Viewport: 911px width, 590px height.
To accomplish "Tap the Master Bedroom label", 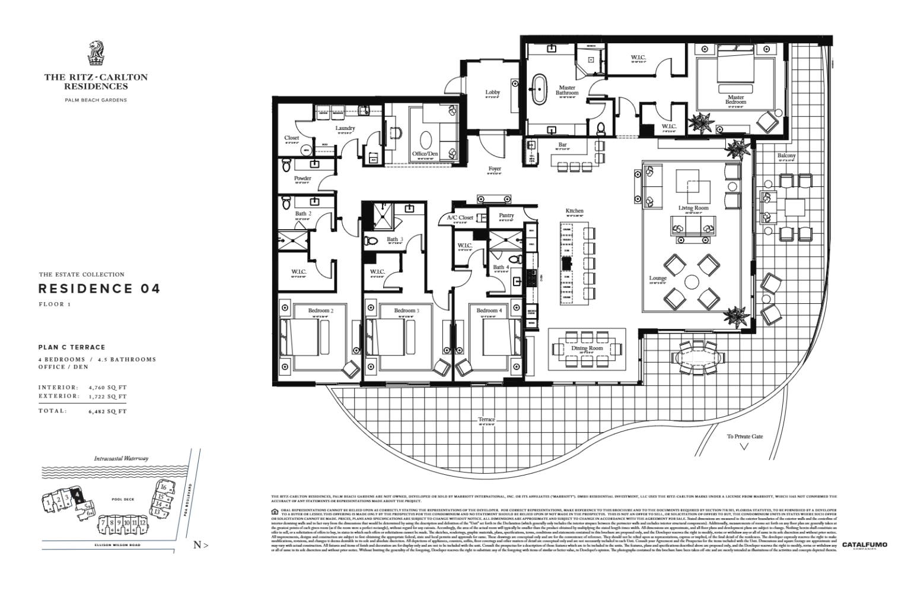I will [735, 100].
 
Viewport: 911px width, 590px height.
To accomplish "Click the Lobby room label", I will [492, 93].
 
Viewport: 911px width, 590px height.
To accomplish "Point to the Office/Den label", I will [425, 154].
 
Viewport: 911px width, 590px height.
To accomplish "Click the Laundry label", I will [345, 128].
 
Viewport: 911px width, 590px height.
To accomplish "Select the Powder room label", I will [302, 178].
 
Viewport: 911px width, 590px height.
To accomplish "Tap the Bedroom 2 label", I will [320, 310].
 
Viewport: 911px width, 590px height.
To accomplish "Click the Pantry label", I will [506, 215].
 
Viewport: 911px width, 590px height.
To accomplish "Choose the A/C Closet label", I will [460, 218].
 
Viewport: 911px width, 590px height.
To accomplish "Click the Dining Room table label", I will [587, 348].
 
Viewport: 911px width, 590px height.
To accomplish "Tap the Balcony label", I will [786, 156].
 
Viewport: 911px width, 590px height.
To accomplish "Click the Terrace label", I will [486, 420].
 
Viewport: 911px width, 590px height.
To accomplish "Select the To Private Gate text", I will [745, 436].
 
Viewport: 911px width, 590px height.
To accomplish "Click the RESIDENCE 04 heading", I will [99, 289].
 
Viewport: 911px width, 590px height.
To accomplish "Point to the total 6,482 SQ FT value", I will [107, 411].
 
